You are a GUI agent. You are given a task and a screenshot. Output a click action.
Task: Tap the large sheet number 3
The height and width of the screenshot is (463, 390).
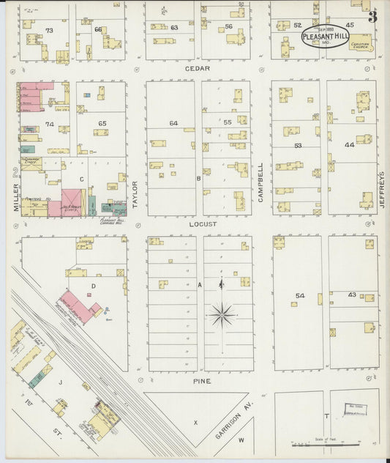tap(372, 16)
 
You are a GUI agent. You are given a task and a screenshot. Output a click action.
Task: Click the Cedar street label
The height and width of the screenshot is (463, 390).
tap(197, 68)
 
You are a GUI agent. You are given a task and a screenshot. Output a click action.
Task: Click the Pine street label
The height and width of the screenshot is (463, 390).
tap(201, 381)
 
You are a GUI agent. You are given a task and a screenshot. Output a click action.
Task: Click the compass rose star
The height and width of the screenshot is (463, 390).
tap(222, 315)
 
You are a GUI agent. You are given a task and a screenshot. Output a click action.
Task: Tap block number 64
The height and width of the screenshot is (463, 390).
tap(173, 123)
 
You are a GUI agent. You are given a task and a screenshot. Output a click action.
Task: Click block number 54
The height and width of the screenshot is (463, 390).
tap(300, 296)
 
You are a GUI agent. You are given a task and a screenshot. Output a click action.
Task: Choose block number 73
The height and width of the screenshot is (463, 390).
tap(50, 31)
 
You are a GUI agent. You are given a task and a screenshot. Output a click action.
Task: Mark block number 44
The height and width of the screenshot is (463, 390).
tap(349, 145)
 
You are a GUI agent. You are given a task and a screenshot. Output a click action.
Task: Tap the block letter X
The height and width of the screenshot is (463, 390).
tap(195, 423)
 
